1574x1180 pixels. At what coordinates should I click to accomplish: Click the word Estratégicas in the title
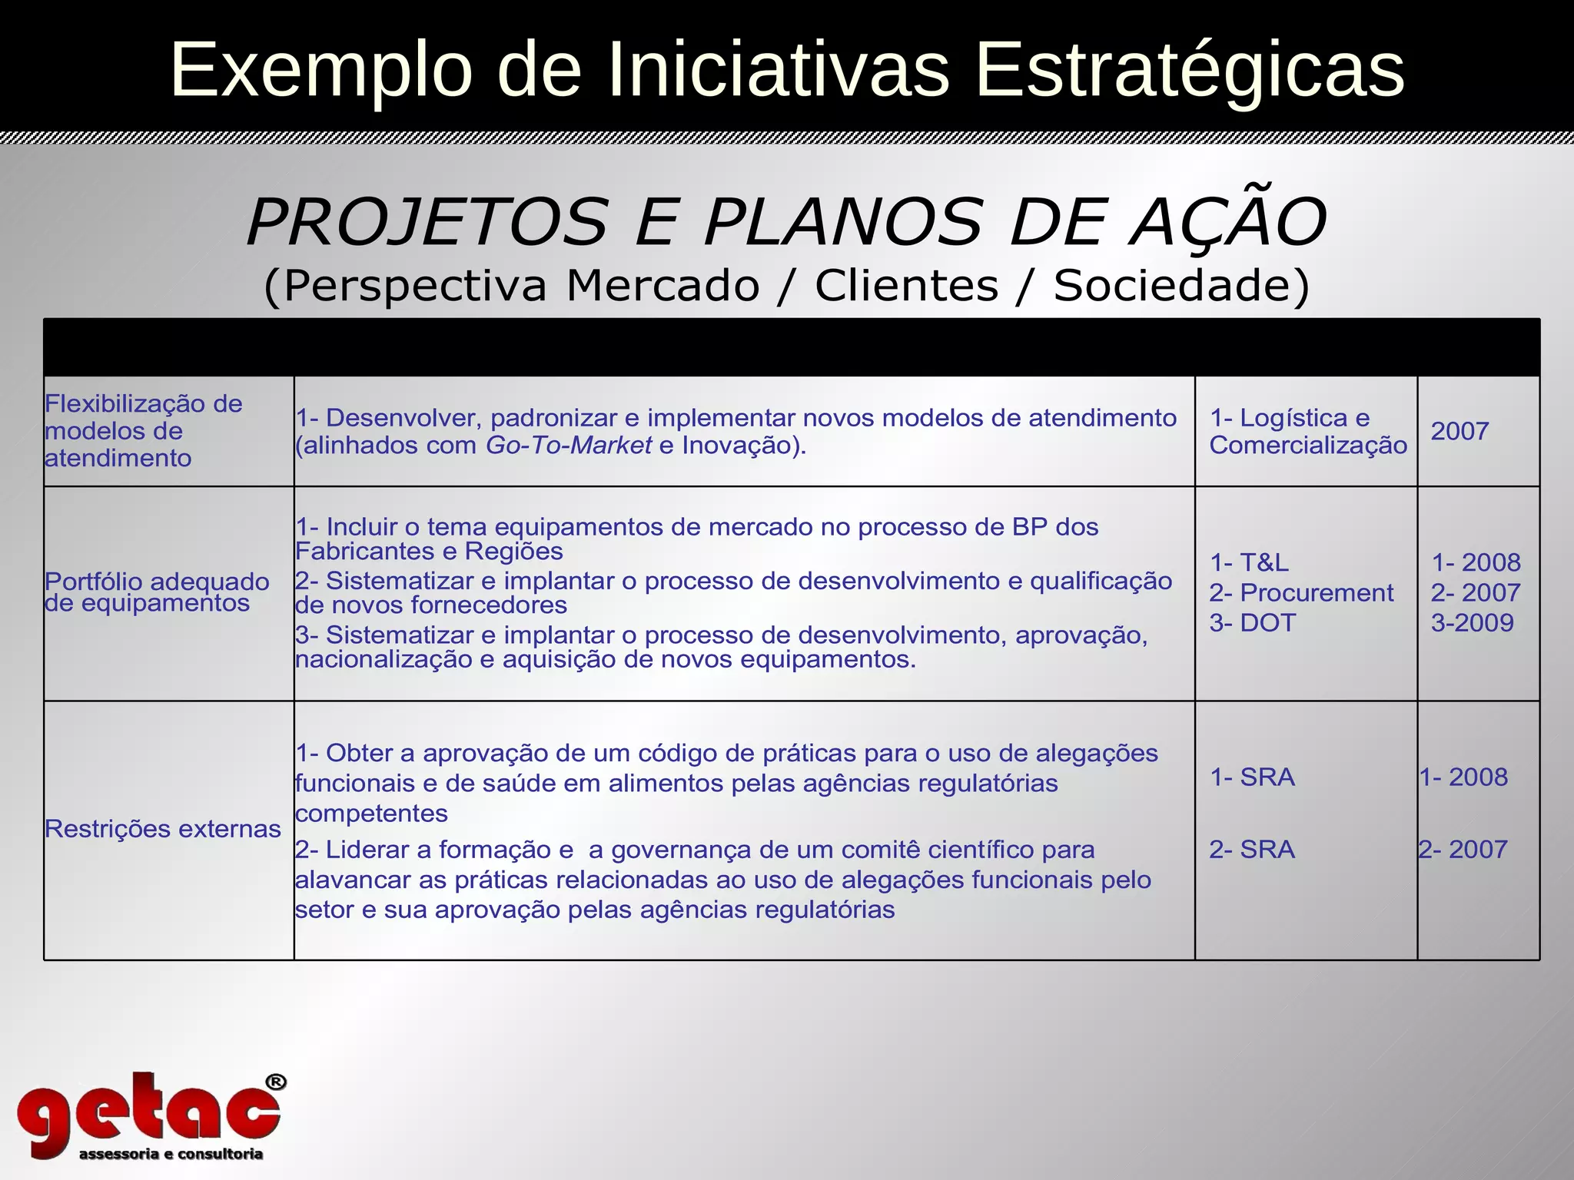1190,71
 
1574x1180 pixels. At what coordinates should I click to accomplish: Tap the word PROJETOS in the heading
427,223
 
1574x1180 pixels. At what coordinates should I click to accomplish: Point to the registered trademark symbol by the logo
276,1082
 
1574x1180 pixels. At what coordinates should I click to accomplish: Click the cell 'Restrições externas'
163,829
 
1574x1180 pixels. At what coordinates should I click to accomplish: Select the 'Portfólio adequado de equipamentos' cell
158,592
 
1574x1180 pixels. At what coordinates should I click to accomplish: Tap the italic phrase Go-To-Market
569,446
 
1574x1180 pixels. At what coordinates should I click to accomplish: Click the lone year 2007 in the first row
1459,432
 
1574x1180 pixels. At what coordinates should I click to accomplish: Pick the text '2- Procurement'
1301,593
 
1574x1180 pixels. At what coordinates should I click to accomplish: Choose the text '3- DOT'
1253,623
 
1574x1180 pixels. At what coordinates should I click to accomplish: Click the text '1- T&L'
1250,563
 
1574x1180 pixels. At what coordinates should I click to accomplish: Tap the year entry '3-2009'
1472,623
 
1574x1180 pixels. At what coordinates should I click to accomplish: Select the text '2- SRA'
1252,850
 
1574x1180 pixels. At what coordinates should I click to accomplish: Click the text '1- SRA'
1253,777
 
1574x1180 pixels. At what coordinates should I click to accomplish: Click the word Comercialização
1308,446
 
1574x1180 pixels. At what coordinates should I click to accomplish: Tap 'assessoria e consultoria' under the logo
171,1154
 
